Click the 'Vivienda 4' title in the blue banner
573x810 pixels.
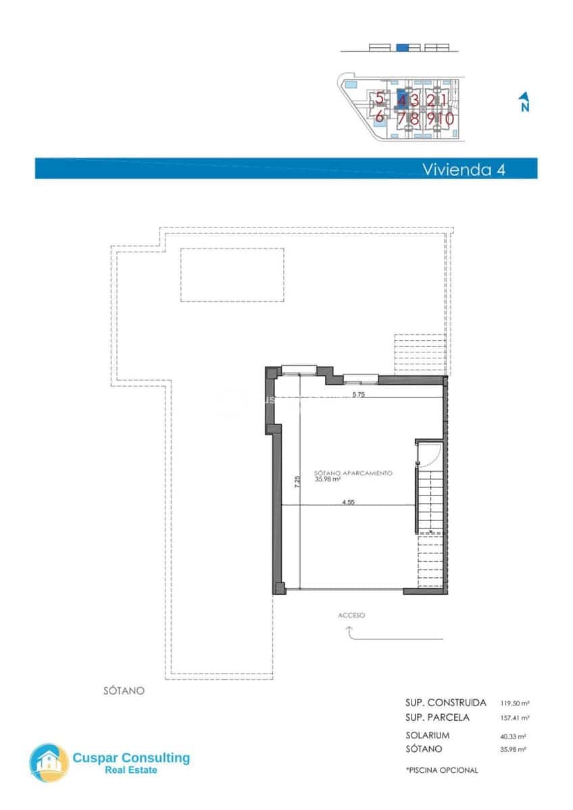(463, 169)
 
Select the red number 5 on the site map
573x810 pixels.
(380, 99)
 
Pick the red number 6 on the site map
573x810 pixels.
(380, 117)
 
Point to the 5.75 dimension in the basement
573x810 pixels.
(358, 395)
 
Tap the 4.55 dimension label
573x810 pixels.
(349, 502)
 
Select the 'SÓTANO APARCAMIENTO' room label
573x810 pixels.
(353, 474)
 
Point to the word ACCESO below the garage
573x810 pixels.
(351, 616)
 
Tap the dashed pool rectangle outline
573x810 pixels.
(232, 275)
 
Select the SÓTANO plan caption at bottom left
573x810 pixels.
(124, 691)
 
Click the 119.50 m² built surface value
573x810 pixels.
(514, 703)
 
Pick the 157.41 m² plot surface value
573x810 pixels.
(514, 718)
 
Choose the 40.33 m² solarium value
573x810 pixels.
(513, 736)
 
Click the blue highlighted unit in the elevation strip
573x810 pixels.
(402, 47)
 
